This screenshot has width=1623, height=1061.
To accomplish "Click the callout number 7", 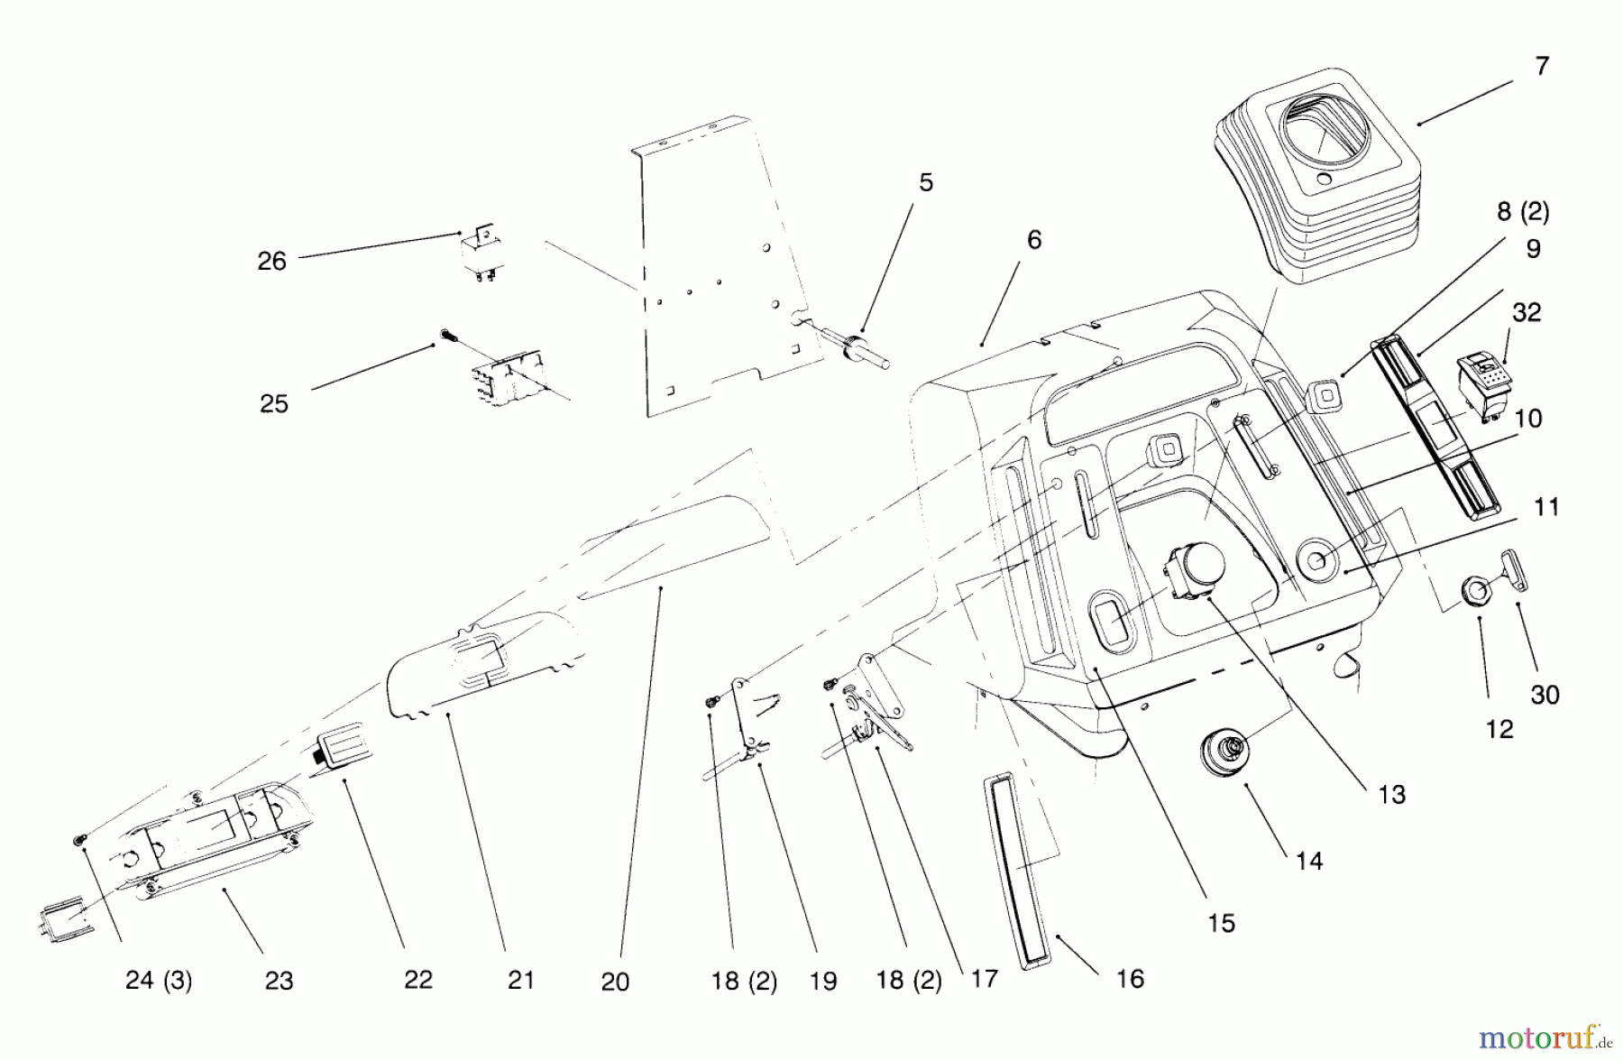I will [x=1542, y=66].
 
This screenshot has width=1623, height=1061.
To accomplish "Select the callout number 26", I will [x=271, y=262].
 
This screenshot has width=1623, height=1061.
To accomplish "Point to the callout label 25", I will [x=274, y=403].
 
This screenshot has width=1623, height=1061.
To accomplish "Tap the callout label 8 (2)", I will [x=1523, y=211].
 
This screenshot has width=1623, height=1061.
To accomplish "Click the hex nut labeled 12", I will [x=1476, y=593].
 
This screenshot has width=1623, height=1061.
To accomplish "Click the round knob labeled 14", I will [x=1227, y=751].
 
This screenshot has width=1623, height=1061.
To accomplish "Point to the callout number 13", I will [x=1392, y=794].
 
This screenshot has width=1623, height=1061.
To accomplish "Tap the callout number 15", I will [x=1222, y=923].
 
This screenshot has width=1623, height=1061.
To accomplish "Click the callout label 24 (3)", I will [x=159, y=980].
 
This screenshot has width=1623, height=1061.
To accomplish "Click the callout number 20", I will [x=615, y=982].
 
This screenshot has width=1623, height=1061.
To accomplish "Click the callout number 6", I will [x=1034, y=240].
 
